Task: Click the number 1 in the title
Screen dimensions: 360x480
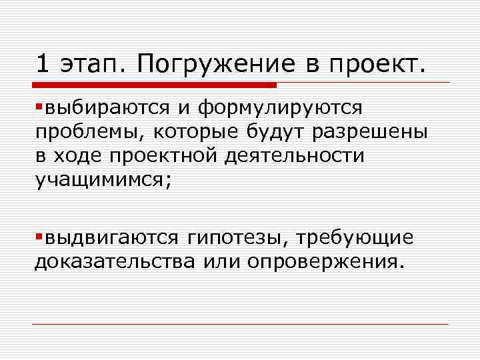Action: click(x=43, y=64)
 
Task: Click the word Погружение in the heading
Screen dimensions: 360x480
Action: click(x=213, y=65)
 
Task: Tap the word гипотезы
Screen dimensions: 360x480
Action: click(x=236, y=238)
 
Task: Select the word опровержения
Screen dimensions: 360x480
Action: click(x=325, y=261)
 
